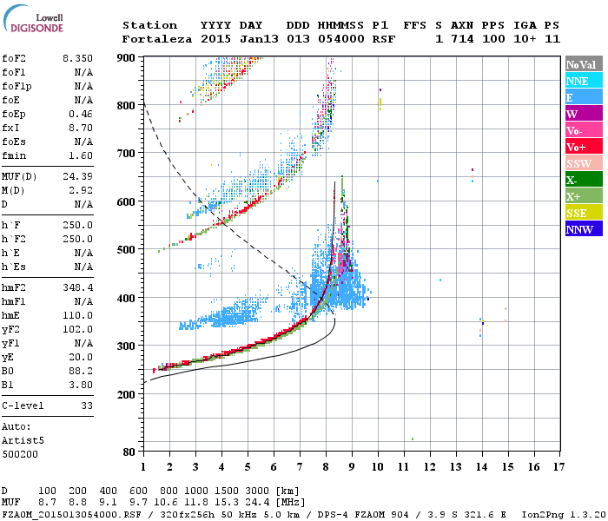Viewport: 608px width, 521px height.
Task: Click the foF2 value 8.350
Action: [77, 57]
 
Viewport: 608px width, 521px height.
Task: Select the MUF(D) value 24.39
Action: [77, 176]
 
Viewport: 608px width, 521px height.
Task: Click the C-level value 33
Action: [86, 405]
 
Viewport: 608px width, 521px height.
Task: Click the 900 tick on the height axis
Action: [126, 57]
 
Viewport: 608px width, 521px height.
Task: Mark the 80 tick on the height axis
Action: [129, 452]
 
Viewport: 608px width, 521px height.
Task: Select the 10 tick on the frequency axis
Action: [378, 467]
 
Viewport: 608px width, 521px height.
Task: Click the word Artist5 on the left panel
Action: [22, 440]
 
